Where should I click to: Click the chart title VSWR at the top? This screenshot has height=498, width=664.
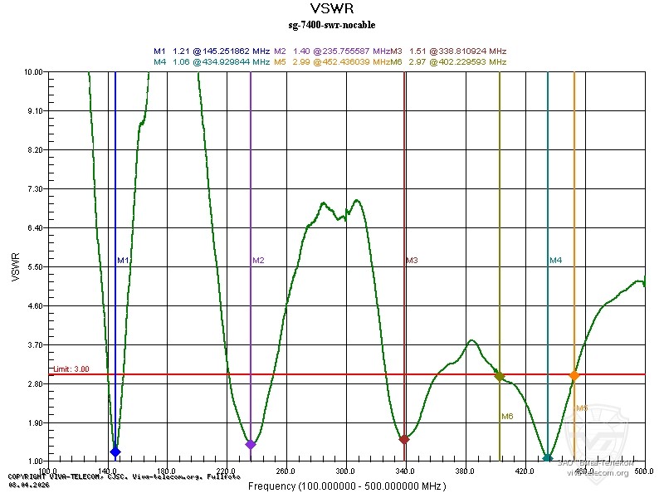[331, 11]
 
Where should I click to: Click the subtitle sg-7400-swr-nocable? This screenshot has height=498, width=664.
[331, 25]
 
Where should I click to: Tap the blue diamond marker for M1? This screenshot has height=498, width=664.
[115, 452]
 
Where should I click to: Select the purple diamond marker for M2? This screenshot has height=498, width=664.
[251, 445]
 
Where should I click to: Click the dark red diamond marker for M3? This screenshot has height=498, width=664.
[404, 439]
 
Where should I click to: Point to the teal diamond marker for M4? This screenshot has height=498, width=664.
[548, 457]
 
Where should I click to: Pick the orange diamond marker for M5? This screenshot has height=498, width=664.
[574, 376]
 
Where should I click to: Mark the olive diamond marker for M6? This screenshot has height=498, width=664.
[499, 376]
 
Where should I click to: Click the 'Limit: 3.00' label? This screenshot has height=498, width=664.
[71, 369]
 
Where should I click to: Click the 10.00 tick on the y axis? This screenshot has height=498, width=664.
[34, 72]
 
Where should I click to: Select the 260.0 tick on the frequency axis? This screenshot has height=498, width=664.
[286, 471]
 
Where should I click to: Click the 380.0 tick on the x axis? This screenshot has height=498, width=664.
[465, 471]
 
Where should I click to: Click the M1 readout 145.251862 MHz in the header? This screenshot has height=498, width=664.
[218, 51]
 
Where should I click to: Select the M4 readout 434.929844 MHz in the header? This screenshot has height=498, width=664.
[218, 61]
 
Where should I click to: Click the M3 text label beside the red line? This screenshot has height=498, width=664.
[412, 261]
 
